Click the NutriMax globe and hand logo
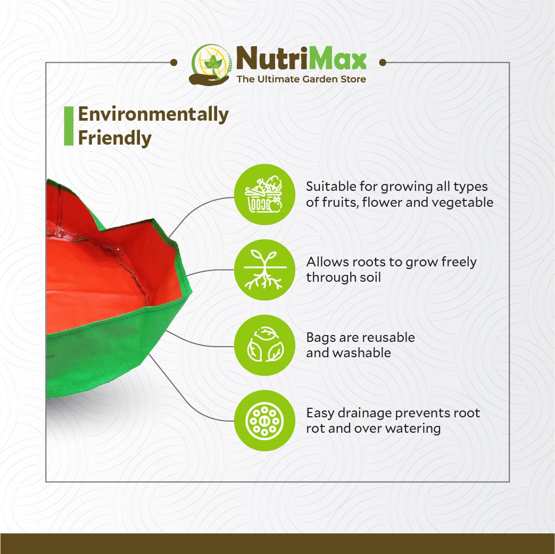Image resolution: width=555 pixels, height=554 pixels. point(210,64)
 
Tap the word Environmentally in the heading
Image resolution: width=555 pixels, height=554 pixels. point(153,115)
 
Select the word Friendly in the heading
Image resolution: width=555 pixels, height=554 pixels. point(115,138)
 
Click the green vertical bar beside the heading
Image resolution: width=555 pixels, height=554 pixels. point(68,126)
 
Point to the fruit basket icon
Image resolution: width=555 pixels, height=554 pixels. point(264,194)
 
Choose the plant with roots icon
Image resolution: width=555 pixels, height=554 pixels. point(264,270)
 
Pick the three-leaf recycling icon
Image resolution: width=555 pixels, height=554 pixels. point(264,345)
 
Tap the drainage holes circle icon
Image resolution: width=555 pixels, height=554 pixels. point(264,421)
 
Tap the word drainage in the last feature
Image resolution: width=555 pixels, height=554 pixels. point(364,413)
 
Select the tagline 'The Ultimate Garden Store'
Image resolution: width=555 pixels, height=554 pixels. point(301,79)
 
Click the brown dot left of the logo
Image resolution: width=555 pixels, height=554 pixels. point(173,63)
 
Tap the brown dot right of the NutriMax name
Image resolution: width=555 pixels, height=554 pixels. point(382,63)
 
